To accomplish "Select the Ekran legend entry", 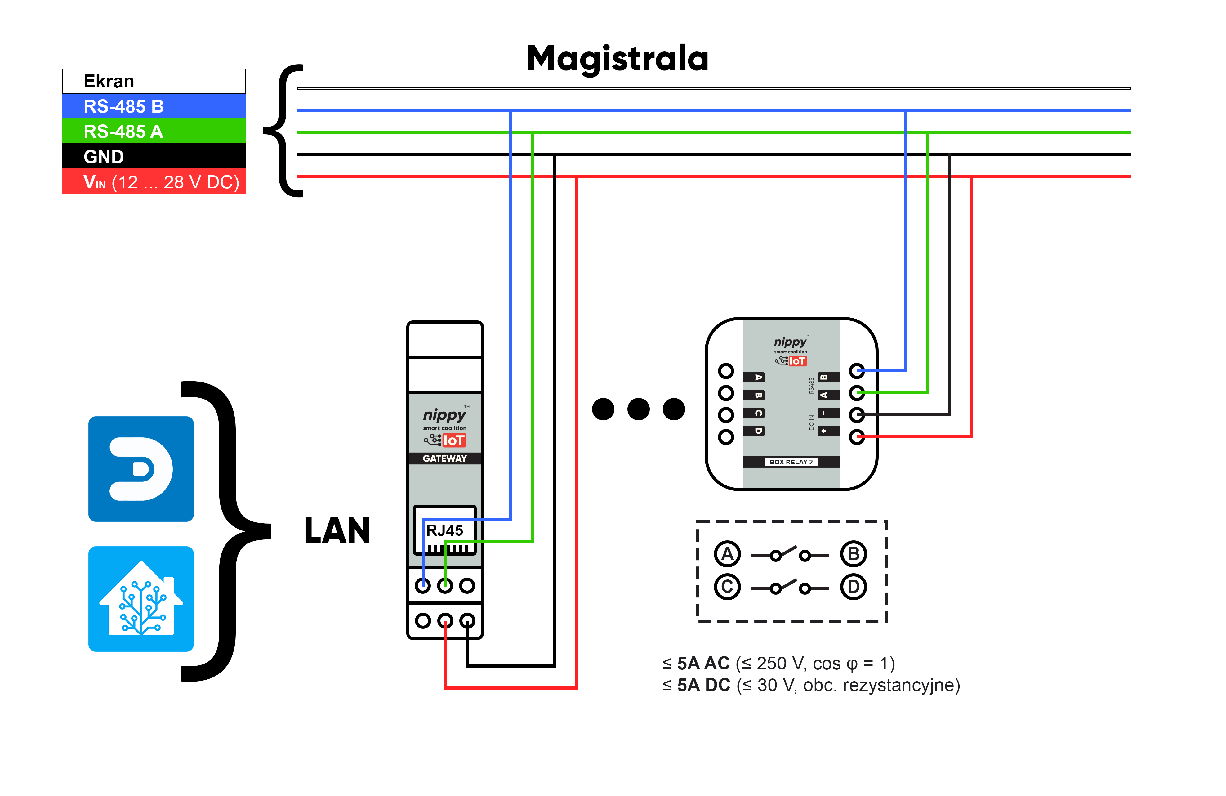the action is (x=154, y=81).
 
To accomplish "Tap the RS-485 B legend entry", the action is (x=154, y=106).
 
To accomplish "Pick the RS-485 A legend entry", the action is (x=154, y=131).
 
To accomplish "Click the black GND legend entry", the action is (x=154, y=156).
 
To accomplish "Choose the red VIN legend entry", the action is (x=154, y=181).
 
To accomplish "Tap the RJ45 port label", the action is (x=444, y=530).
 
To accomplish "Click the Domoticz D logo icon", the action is (x=141, y=469).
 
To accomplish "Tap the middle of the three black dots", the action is (x=638, y=409).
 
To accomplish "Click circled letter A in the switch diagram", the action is (x=727, y=554).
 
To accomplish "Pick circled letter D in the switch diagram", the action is (x=854, y=587).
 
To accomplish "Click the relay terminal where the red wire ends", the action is (x=857, y=437).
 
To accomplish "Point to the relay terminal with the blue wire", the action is (x=857, y=370).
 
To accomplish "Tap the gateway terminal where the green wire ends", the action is (x=445, y=585).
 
